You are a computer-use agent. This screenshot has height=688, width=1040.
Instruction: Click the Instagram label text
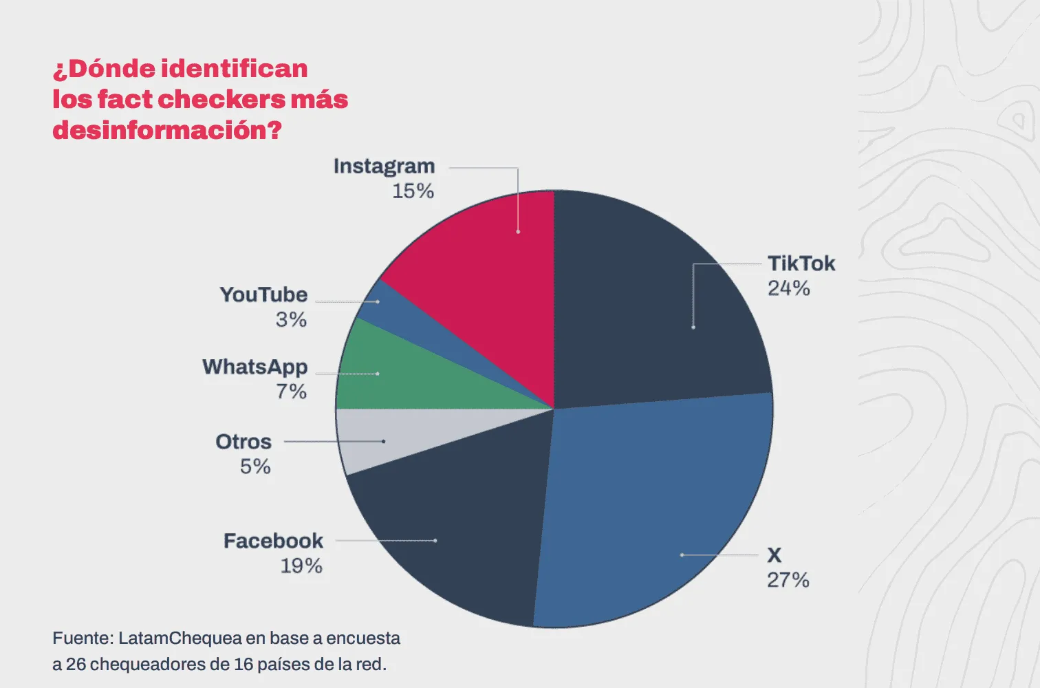click(x=384, y=166)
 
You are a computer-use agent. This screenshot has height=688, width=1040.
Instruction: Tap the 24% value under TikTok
click(x=789, y=288)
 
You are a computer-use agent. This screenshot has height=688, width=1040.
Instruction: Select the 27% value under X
click(x=788, y=580)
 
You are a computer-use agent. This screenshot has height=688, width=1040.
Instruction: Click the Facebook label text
click(x=273, y=541)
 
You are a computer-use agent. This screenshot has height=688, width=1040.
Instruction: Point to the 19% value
click(x=301, y=566)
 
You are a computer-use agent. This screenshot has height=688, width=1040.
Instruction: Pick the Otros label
click(x=243, y=442)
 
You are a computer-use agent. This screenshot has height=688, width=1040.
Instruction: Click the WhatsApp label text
click(x=255, y=367)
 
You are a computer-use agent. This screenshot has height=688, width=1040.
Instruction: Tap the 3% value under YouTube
click(x=291, y=320)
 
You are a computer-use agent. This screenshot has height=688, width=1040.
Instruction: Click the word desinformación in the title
click(x=167, y=129)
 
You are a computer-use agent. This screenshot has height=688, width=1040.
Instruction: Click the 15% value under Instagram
click(x=413, y=191)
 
